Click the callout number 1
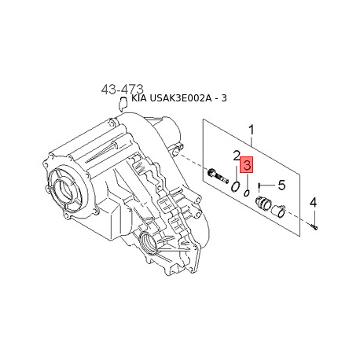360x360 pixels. point(252,130)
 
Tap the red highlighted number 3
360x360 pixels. point(246,165)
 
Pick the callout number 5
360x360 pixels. point(281,186)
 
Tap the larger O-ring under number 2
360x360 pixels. point(235,186)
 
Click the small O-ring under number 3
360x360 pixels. point(246,191)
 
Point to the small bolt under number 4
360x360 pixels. point(314,226)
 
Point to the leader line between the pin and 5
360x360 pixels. point(269,186)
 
